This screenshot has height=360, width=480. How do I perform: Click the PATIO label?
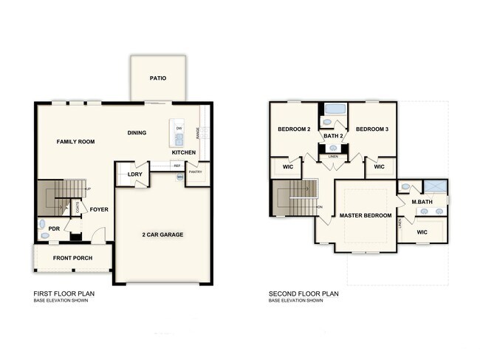point(157,77)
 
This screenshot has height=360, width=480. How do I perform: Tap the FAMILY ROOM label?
point(77,140)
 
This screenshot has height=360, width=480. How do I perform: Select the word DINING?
point(137,133)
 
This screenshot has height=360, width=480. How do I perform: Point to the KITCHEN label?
point(184,152)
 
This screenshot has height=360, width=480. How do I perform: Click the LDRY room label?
point(135,174)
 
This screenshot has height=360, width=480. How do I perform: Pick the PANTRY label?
point(196,172)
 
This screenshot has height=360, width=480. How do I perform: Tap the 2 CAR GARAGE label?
point(162,234)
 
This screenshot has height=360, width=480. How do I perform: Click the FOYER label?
point(99,209)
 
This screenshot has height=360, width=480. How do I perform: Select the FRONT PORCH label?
point(72,258)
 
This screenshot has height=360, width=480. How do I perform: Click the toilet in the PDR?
point(42,224)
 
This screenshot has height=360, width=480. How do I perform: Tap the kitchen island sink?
point(179,137)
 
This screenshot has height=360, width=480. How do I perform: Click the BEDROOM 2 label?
point(294,129)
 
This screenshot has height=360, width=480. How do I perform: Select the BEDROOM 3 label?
point(371,129)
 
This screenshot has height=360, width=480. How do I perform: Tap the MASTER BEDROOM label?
point(365,215)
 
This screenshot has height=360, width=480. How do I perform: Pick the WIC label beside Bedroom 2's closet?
point(287,167)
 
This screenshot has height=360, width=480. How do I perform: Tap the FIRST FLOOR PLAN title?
point(64,293)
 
